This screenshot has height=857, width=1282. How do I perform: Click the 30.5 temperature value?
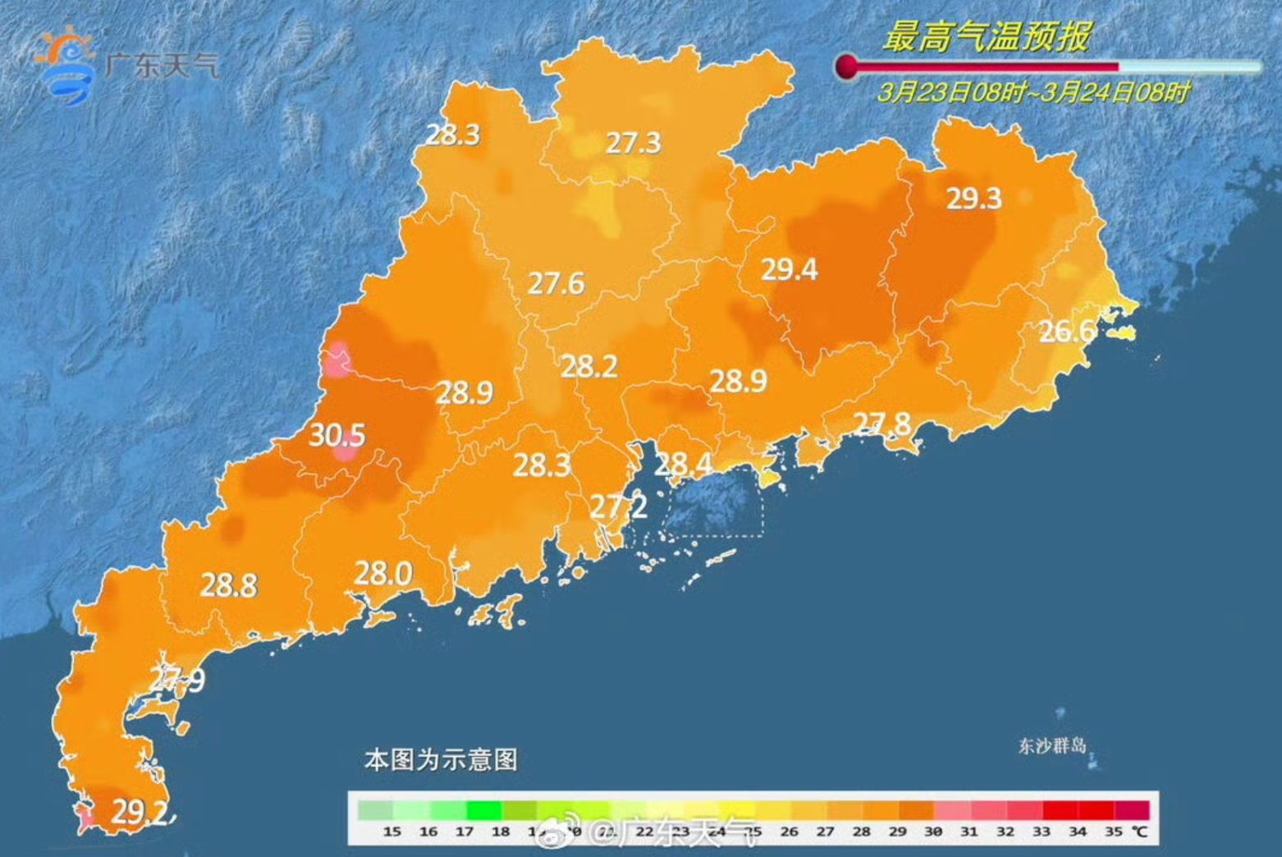[337, 435]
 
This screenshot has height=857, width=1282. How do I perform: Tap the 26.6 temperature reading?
[1066, 331]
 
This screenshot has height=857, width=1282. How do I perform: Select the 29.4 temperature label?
[789, 269]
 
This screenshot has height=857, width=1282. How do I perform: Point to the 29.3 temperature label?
[973, 199]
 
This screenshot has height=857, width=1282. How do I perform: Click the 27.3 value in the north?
[633, 144]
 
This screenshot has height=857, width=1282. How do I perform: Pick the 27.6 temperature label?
[556, 284]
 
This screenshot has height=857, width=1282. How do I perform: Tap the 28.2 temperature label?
[588, 366]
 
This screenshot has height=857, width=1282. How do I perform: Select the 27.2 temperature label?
[618, 506]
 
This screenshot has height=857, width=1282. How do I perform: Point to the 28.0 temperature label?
[382, 573]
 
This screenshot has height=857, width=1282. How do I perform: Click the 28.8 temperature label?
[228, 585]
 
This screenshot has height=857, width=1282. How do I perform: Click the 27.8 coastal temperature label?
[881, 424]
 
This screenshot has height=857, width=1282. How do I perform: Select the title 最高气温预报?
[987, 36]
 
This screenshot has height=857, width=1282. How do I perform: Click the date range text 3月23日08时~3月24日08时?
[1032, 91]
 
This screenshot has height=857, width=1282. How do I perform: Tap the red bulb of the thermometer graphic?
[846, 66]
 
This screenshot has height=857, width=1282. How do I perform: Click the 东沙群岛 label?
[1052, 746]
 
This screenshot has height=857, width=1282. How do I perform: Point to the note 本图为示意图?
[441, 759]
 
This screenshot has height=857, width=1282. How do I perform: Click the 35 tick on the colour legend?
[1113, 832]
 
